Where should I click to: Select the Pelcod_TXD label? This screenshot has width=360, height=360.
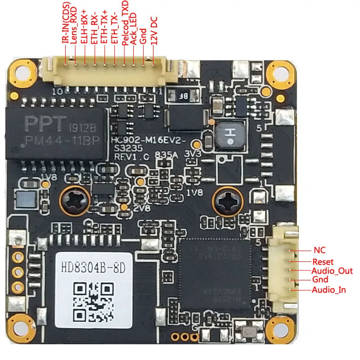[125, 28]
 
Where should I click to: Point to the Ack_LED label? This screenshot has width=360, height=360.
[134, 31]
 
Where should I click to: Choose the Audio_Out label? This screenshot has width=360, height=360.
[332, 271]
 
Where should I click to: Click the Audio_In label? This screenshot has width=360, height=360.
[329, 290]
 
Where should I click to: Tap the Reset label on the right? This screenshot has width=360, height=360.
[323, 261]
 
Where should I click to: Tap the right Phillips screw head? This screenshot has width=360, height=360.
[225, 201]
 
